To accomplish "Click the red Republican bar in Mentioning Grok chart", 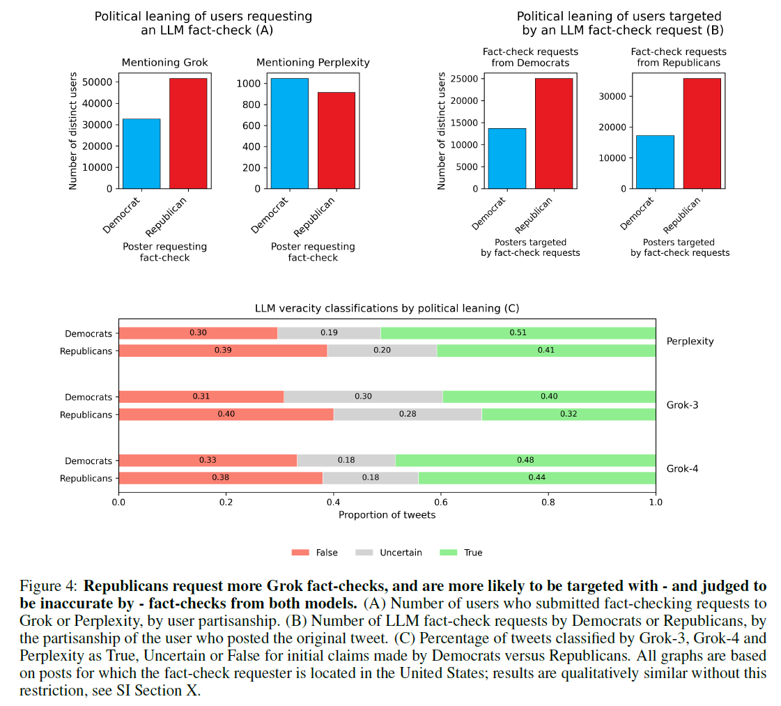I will [188, 133].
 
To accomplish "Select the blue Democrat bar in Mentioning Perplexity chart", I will [289, 133].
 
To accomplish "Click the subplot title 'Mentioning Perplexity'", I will [313, 63].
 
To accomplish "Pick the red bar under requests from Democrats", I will [554, 133].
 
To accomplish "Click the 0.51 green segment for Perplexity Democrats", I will [518, 333].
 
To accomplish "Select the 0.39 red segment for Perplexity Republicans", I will [223, 351].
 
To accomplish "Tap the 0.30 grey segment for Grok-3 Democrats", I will [363, 397].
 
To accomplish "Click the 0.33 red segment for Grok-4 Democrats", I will [208, 461].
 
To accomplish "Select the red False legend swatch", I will [300, 553].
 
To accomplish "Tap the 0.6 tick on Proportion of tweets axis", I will [440, 501].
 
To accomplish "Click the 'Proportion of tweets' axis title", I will [387, 515].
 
